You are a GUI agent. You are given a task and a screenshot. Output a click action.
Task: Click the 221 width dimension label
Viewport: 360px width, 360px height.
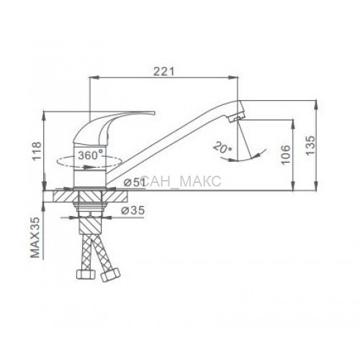click(164, 71)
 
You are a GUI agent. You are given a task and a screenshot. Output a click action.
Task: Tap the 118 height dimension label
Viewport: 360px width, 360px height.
click(37, 151)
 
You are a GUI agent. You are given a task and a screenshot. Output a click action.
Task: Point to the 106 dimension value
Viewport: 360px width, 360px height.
click(286, 154)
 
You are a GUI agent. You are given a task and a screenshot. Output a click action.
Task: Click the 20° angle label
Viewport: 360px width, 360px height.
click(222, 148)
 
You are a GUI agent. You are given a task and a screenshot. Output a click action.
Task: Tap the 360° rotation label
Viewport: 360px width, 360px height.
click(91, 156)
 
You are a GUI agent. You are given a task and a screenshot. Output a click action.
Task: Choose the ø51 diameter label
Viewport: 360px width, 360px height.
click(135, 183)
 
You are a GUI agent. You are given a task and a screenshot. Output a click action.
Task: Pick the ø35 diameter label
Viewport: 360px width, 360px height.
click(133, 210)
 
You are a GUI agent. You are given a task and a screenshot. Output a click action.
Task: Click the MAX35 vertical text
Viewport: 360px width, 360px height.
click(35, 238)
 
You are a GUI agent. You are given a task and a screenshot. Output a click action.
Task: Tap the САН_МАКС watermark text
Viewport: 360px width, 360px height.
click(181, 181)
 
